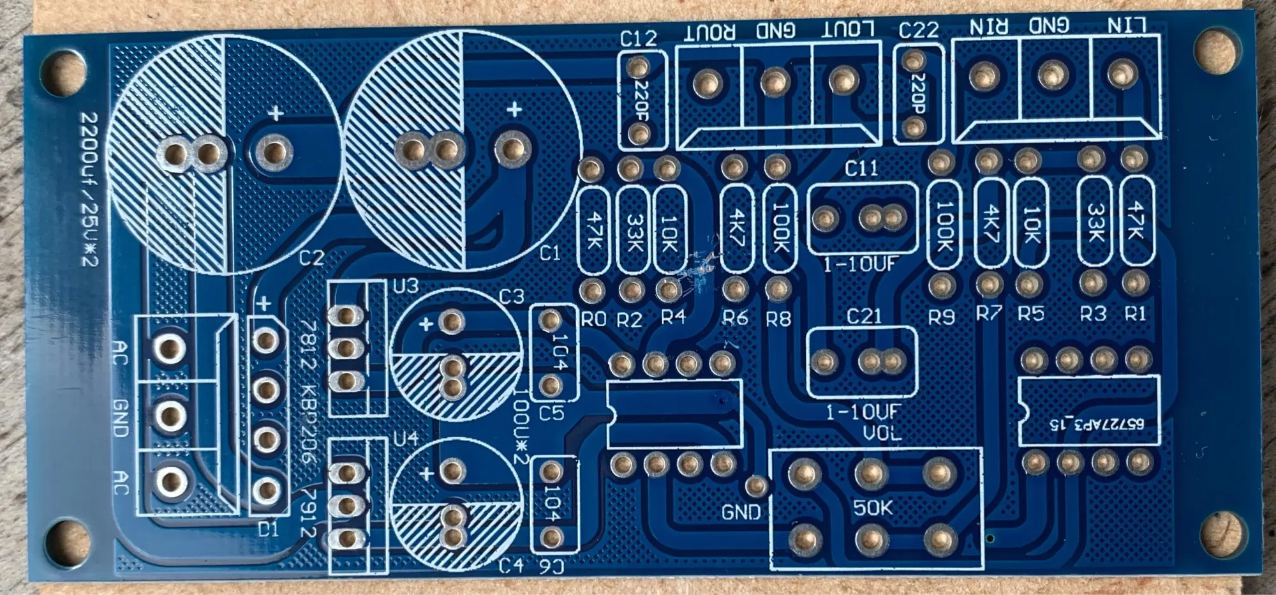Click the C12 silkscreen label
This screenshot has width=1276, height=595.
[638, 38]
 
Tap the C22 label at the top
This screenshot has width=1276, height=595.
[918, 30]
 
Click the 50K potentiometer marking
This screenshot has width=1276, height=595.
[873, 508]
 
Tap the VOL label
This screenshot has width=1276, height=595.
[882, 433]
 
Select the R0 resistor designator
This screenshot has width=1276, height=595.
[593, 319]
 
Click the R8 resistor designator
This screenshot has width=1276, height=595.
[778, 319]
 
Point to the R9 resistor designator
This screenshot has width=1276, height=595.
[942, 317]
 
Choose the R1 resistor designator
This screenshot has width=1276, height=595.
[1135, 313]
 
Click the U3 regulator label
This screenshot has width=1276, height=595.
[405, 285]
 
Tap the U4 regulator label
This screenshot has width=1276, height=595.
[406, 439]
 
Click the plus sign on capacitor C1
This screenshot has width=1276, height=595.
[514, 110]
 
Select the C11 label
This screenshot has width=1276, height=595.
[861, 169]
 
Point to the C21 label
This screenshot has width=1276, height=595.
[863, 316]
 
